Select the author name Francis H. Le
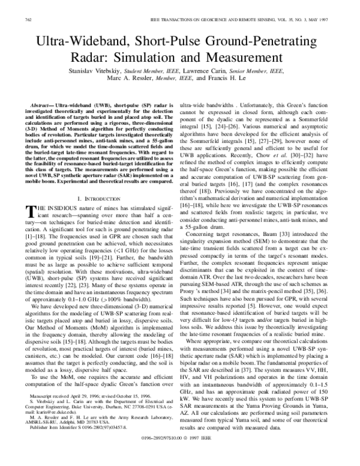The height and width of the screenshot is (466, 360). [x=231, y=86]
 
